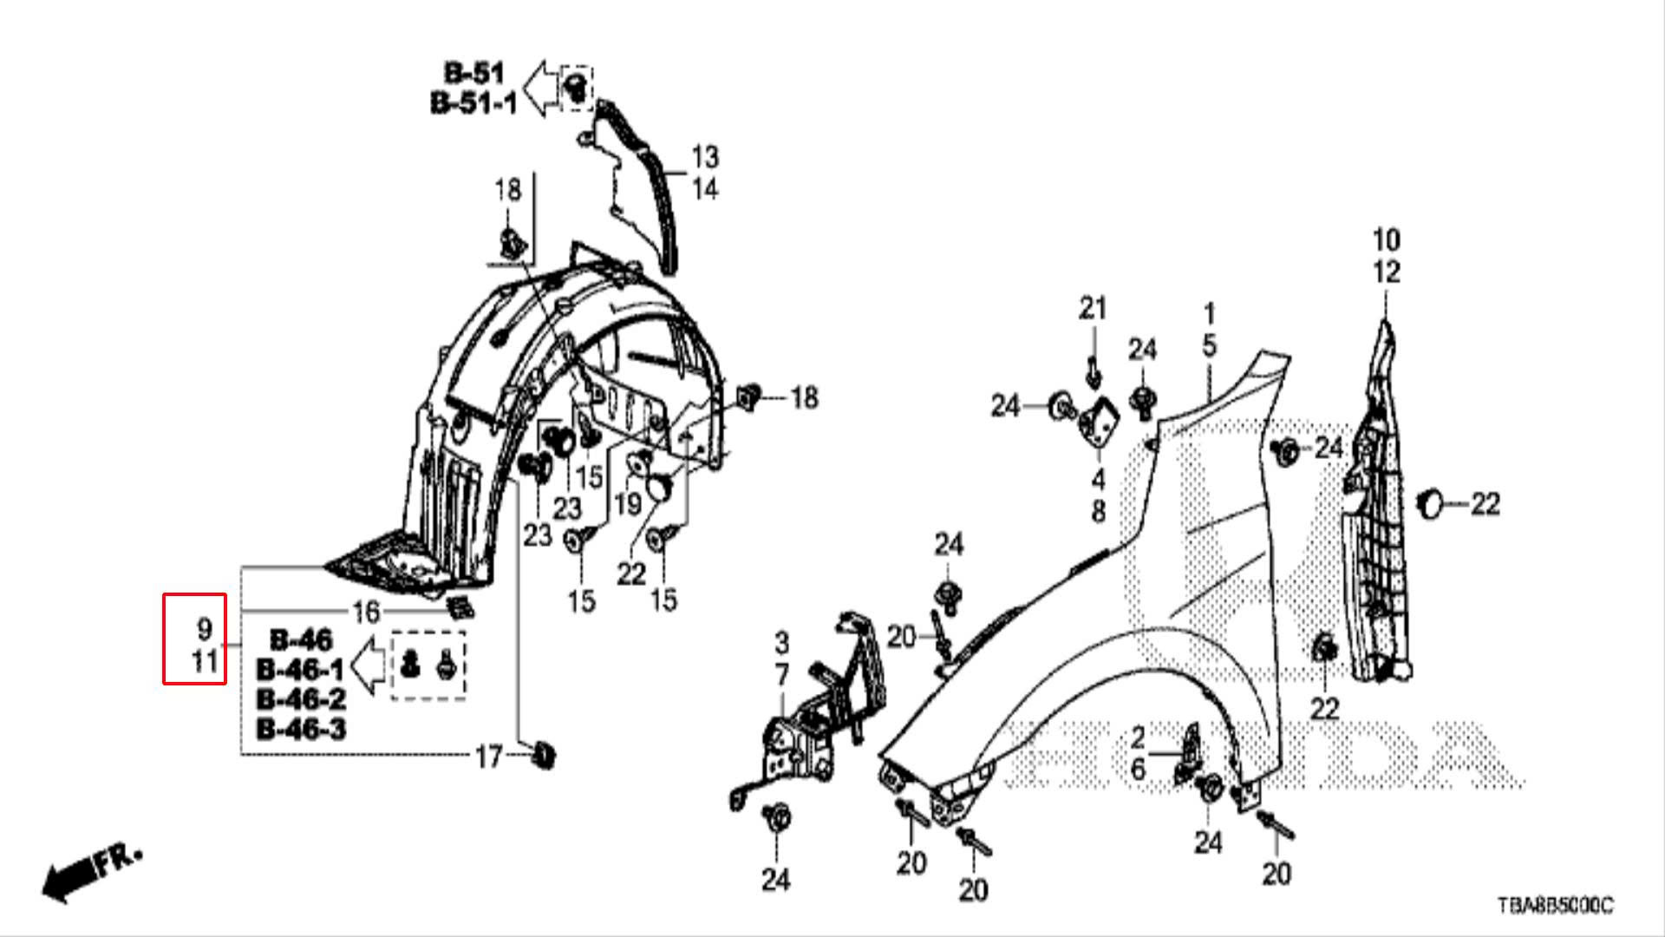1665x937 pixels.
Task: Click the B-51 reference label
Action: click(x=473, y=73)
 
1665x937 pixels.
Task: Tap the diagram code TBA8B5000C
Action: click(x=1556, y=906)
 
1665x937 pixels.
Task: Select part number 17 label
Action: click(x=489, y=757)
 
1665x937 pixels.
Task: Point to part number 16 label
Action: click(x=366, y=612)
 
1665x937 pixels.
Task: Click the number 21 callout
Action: click(x=1093, y=308)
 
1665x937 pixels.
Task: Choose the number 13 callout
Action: click(x=704, y=157)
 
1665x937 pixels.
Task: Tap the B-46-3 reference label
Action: click(x=301, y=729)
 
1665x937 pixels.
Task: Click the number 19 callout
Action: click(x=627, y=503)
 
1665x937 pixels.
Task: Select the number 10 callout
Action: click(x=1386, y=239)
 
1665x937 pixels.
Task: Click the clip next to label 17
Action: click(x=544, y=755)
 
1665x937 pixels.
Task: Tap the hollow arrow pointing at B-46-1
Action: click(x=370, y=666)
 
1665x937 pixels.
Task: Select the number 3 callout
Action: click(x=781, y=643)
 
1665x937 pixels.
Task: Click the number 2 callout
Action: click(x=1138, y=737)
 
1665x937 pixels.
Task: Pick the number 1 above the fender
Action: click(x=1209, y=313)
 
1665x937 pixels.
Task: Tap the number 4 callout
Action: click(x=1098, y=479)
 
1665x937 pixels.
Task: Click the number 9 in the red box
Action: click(x=204, y=628)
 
